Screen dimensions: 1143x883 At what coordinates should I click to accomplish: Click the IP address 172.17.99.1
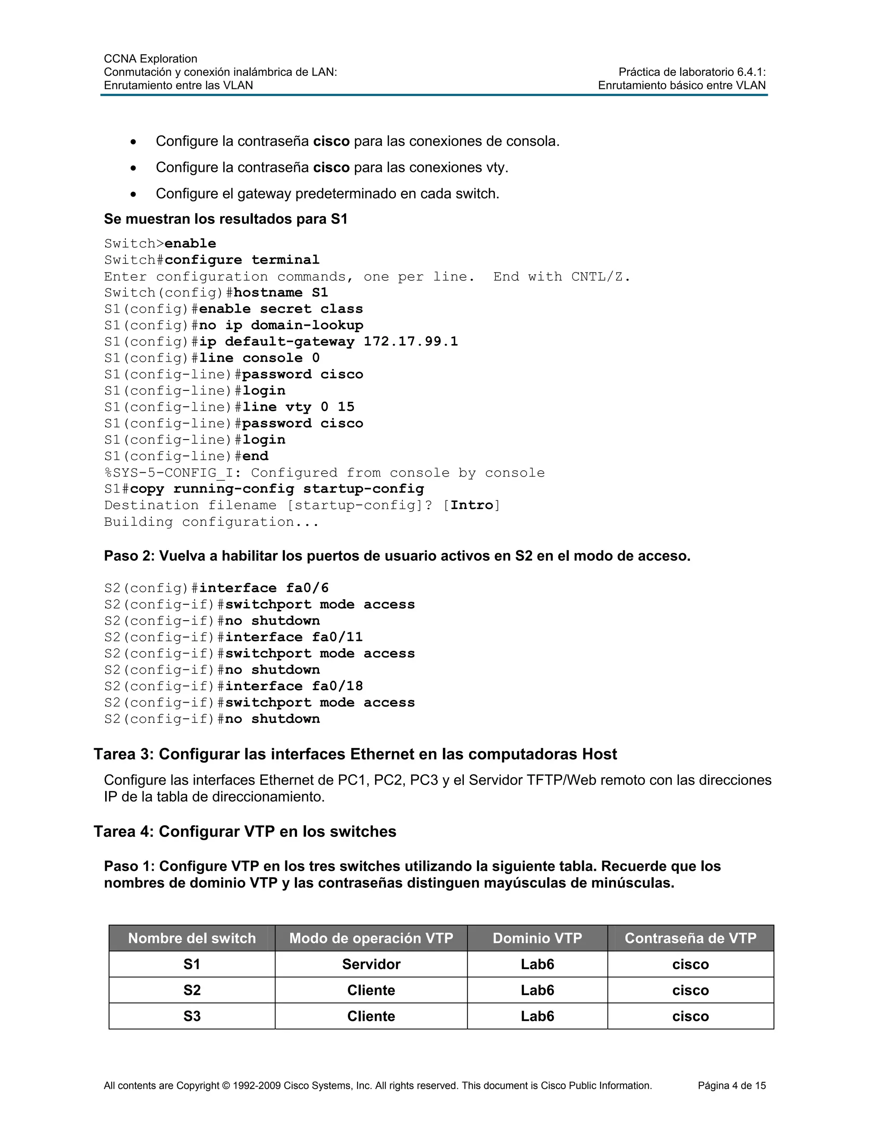(x=410, y=341)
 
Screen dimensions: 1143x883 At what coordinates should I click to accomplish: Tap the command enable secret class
(x=281, y=309)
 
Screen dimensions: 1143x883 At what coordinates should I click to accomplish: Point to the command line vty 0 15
(x=298, y=407)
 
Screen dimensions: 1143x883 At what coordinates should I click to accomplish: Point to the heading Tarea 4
(x=245, y=832)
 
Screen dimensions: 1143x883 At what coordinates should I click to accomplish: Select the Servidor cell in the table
(x=371, y=964)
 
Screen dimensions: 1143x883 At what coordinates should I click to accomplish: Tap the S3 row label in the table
(x=192, y=1016)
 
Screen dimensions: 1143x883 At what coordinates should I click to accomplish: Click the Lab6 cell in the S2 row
(x=537, y=990)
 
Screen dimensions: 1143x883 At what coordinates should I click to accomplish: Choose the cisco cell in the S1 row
(x=691, y=964)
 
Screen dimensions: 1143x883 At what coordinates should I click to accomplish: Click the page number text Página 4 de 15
(x=731, y=1086)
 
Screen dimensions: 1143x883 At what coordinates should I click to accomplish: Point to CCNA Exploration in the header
(x=150, y=59)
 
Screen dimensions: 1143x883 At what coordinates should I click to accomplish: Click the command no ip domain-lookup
(x=281, y=325)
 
